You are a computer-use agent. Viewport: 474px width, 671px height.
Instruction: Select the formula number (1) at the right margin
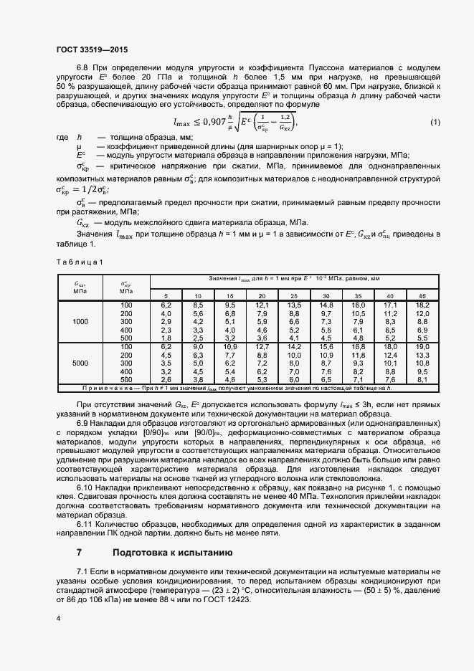pyautogui.click(x=435, y=123)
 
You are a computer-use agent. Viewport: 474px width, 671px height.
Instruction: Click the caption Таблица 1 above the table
pyautogui.click(x=80, y=262)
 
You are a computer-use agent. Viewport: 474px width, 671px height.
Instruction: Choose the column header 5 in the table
pyautogui.click(x=166, y=295)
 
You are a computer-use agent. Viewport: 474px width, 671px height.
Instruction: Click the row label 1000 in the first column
pyautogui.click(x=80, y=321)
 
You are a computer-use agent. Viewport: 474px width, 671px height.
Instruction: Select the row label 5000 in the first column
pyautogui.click(x=80, y=363)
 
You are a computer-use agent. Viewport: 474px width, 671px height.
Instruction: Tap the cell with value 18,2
pyautogui.click(x=422, y=305)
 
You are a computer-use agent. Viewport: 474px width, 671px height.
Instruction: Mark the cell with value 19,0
pyautogui.click(x=422, y=347)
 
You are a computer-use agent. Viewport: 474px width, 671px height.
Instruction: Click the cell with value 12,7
pyautogui.click(x=262, y=347)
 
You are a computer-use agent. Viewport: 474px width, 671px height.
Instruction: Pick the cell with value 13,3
pyautogui.click(x=422, y=355)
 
